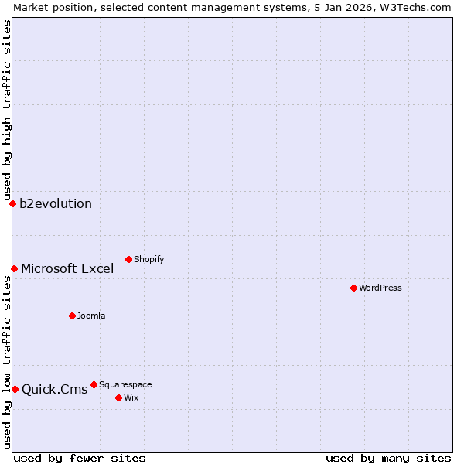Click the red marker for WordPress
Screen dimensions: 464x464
353,288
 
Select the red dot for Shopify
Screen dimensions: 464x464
128,259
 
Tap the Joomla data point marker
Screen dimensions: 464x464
72,316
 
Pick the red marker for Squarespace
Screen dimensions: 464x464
94,384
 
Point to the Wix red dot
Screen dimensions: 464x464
118,397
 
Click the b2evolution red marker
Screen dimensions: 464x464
12,203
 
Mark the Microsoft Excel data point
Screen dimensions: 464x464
14,268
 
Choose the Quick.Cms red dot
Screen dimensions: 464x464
15,389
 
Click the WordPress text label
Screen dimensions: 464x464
380,288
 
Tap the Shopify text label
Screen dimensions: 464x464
148,259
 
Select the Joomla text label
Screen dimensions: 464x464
91,316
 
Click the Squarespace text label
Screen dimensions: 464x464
125,384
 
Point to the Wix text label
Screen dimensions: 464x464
131,397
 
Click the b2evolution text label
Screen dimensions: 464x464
56,204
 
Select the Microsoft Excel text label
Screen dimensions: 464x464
67,269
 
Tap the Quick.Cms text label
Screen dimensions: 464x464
55,390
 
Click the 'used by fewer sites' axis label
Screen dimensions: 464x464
80,458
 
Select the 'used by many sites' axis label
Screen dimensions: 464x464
388,458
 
